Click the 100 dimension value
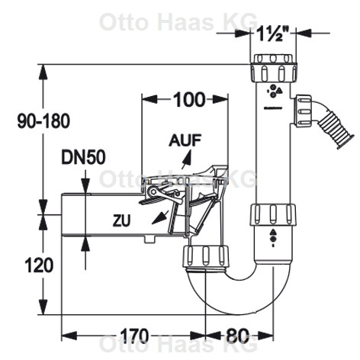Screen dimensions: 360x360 [189, 99]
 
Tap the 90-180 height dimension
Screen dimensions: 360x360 [43, 121]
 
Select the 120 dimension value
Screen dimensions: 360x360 [39, 265]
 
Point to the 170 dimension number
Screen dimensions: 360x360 [134, 336]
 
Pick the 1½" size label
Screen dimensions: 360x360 [273, 34]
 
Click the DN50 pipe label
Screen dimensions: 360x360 [83, 157]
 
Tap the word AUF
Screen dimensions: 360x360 [185, 140]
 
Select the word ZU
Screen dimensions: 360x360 [122, 220]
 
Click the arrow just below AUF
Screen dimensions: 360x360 [186, 159]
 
